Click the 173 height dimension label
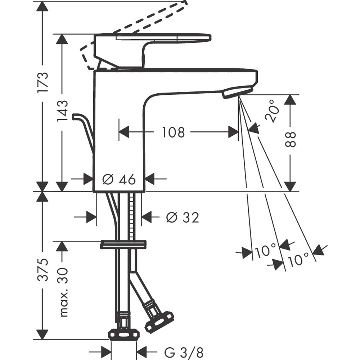click(43, 82)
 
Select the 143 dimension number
click(62, 111)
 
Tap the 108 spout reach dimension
click(174, 132)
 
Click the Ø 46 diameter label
click(119, 179)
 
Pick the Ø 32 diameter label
click(183, 217)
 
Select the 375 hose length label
click(43, 270)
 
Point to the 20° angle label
click(273, 111)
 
